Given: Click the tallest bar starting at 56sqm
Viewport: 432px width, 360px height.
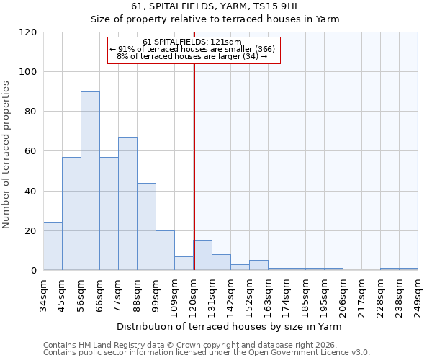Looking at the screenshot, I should coord(90,181).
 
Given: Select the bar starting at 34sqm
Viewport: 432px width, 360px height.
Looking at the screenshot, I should coord(53,246).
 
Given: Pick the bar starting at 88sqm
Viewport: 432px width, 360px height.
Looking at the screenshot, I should coord(146,227).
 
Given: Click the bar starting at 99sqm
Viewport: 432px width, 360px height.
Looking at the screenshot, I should coord(165,251).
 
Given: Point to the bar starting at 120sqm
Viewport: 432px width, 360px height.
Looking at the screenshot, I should coord(202,256).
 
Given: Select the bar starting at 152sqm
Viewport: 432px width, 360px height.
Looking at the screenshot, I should coord(258,265).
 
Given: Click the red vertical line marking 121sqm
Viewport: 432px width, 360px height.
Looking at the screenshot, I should coord(194,166).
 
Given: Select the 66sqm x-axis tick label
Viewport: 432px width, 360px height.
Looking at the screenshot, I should coord(100,293).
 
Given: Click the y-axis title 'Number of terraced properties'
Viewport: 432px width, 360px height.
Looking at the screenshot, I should coord(6,155).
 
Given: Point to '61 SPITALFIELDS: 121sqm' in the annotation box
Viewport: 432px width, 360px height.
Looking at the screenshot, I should coord(192,42).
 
